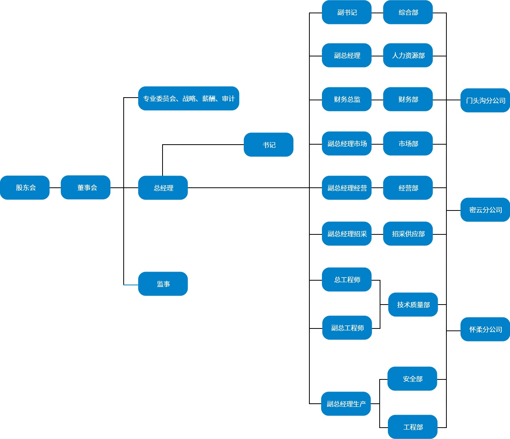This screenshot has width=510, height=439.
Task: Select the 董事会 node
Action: click(x=86, y=187)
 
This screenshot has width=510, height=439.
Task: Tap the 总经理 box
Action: click(x=163, y=188)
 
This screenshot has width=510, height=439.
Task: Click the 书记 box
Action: click(x=269, y=145)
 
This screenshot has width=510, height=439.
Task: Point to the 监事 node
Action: click(x=163, y=284)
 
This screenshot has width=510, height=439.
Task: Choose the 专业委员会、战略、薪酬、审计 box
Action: click(x=188, y=98)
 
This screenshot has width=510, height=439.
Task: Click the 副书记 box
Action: click(x=347, y=13)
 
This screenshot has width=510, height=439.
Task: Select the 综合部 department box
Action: click(x=408, y=13)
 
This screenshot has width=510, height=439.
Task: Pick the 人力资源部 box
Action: click(x=408, y=55)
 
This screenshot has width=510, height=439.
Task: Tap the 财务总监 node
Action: click(x=347, y=99)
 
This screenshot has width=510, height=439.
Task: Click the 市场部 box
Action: click(x=408, y=143)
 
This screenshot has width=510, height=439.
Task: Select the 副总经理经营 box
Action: click(x=347, y=188)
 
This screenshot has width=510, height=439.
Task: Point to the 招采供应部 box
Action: click(x=408, y=234)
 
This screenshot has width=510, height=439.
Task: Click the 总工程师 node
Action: click(x=347, y=279)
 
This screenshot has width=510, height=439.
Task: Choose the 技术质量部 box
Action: click(x=413, y=305)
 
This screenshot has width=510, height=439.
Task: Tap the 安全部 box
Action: click(x=412, y=379)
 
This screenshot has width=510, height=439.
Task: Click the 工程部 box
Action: click(x=413, y=427)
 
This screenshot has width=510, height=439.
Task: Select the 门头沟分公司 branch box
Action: click(x=485, y=100)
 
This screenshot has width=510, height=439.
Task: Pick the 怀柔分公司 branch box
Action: click(x=485, y=329)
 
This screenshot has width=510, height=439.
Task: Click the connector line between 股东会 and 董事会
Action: click(x=55, y=188)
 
